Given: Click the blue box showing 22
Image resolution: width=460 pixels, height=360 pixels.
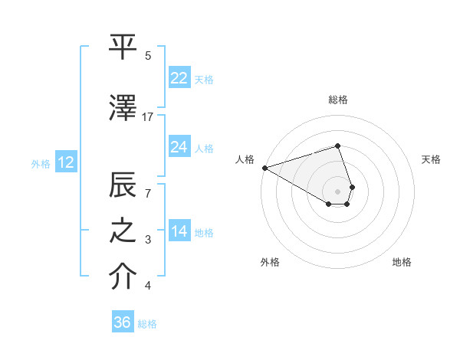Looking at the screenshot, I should pos(179,77).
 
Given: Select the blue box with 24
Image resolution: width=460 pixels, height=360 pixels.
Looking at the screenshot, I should pos(179,146).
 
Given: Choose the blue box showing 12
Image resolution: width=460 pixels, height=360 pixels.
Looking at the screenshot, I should pos(65,162).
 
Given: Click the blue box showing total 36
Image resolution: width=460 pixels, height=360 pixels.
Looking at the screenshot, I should pos(123,322).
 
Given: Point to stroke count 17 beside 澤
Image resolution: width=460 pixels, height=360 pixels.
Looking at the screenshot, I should pos(148,117).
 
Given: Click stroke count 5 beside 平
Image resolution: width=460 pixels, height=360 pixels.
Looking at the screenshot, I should pos(148,56).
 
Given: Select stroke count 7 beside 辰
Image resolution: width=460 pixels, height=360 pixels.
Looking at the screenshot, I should pos(148,193).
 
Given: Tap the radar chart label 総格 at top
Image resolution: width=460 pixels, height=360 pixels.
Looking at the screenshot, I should pos(337,100).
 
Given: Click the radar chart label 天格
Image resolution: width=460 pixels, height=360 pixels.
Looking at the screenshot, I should pos(431,159).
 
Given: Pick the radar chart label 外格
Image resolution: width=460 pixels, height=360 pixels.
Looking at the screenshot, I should pos(269,262).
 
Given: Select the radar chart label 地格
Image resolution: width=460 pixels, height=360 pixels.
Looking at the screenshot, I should pos(402,262).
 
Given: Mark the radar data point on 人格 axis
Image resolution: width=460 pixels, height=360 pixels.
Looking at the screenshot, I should pos(264,168).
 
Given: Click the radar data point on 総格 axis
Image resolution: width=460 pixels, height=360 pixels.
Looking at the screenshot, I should pos(337,146).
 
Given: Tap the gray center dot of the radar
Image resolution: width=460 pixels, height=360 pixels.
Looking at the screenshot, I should pos(337,191).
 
